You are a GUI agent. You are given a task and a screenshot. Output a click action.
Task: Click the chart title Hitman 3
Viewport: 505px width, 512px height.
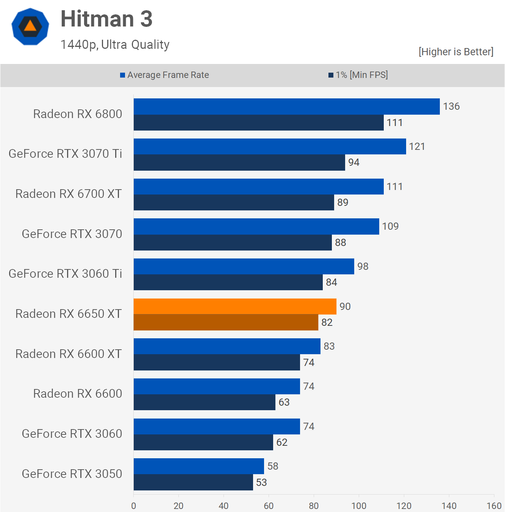tap(106, 19)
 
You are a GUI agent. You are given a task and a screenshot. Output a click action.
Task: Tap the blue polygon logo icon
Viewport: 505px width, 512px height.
tap(30, 26)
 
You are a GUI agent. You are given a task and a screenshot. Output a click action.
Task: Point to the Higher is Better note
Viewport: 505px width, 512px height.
tap(456, 52)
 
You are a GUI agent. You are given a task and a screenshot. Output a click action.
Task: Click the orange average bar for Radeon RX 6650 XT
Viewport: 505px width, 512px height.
tap(235, 306)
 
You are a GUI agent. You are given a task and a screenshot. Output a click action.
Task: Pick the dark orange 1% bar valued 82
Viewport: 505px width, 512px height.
tap(226, 322)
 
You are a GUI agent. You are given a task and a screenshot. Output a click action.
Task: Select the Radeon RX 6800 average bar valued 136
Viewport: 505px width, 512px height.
tap(286, 106)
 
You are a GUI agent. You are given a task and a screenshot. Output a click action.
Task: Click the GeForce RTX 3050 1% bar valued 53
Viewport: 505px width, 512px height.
tap(193, 482)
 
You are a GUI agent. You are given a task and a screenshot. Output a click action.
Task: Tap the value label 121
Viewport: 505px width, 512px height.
tap(417, 146)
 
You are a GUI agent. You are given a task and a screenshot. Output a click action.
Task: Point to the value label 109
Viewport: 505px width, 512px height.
tap(390, 226)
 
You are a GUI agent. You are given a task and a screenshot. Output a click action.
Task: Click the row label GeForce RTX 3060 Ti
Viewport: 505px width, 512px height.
tap(65, 274)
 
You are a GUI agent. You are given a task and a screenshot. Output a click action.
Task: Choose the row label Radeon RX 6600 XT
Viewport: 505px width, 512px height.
tap(69, 354)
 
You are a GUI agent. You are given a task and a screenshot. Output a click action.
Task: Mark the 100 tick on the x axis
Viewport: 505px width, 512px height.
tap(359, 506)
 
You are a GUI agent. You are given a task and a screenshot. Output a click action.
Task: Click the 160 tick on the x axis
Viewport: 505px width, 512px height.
tap(494, 506)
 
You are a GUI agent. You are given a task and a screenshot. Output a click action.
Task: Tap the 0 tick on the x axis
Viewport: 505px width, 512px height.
tap(133, 506)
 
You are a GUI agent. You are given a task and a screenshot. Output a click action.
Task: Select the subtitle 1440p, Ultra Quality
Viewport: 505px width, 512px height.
tap(115, 45)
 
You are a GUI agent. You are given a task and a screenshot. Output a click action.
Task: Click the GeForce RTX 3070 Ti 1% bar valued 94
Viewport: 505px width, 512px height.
tap(239, 163)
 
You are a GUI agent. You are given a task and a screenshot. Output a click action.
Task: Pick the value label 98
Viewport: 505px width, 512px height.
tap(363, 266)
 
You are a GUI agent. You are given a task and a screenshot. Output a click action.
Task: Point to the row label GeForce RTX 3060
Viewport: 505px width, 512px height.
tap(72, 434)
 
